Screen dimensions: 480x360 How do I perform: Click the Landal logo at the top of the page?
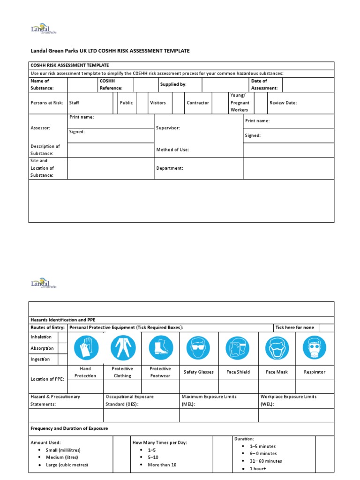coord(43,29)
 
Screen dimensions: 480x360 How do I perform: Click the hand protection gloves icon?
coord(85,348)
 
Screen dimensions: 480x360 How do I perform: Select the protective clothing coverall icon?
coord(123,348)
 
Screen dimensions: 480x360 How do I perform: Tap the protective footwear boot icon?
coord(161,348)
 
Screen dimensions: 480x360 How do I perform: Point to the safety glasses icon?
coord(198,348)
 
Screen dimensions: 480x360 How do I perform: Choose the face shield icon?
coord(238,348)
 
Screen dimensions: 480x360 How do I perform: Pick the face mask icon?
coord(277,348)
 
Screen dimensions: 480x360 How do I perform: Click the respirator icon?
coord(315,348)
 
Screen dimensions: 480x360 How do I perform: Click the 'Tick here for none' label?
coord(294,327)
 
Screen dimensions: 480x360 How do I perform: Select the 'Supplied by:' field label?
coord(173,84)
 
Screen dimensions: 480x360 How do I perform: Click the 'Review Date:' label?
coord(283,103)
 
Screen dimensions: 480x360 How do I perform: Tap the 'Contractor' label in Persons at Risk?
coord(198,103)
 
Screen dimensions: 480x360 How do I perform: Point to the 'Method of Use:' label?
coord(172,150)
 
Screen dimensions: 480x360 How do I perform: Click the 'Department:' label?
coord(169,168)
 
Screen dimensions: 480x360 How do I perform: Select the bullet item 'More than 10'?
coord(162,465)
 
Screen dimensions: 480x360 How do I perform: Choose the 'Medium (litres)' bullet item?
coord(62,457)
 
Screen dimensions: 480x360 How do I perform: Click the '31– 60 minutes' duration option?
coord(266,461)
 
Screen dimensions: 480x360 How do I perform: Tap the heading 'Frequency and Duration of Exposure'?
coord(69,428)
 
